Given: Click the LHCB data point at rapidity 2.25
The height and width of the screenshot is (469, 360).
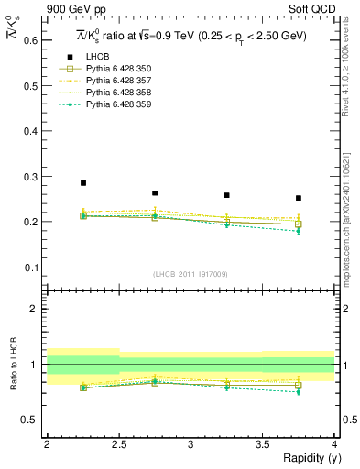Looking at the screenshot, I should pos(83,183).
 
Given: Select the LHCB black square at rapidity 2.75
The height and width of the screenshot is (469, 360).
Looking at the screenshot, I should pos(155,193).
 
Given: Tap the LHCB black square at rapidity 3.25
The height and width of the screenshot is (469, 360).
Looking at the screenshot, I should pos(226,195).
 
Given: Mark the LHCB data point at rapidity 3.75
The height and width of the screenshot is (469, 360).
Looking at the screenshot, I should pos(298,198).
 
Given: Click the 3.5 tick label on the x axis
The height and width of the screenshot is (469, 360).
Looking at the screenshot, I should pos(262,444).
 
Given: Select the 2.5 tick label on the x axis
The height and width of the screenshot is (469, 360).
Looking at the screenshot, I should pos(119,444).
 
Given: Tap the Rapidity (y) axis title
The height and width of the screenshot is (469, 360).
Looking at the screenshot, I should pos(307,458).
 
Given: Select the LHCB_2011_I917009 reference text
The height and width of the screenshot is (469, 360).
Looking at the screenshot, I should pos(191,274).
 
